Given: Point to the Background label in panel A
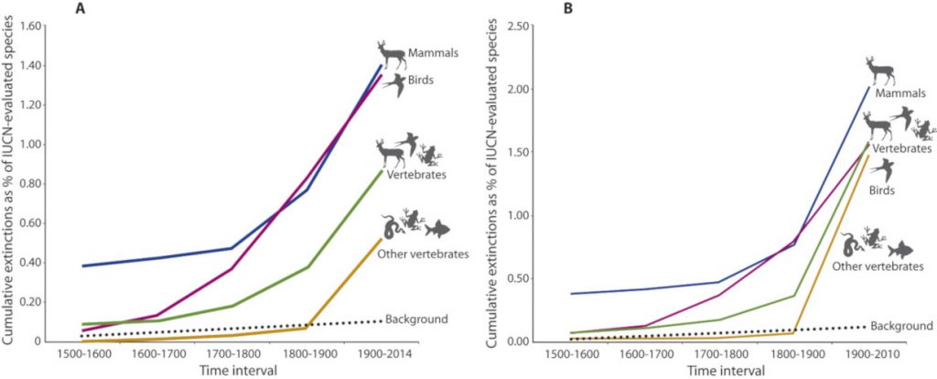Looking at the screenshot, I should click(418, 319).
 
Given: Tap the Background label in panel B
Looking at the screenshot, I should click(902, 325).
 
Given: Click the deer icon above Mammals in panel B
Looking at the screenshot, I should click(880, 70).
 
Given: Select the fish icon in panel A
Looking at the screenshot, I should click(439, 228).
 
